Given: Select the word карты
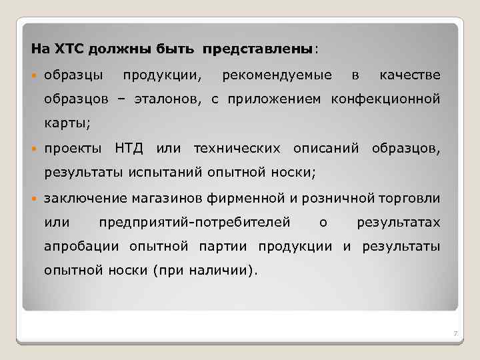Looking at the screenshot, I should (66, 123).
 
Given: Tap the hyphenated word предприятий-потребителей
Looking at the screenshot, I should (194, 222).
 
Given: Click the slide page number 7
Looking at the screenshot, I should (454, 333).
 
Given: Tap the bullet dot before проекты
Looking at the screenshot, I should (35, 148).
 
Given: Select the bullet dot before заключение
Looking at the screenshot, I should (35, 198).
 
